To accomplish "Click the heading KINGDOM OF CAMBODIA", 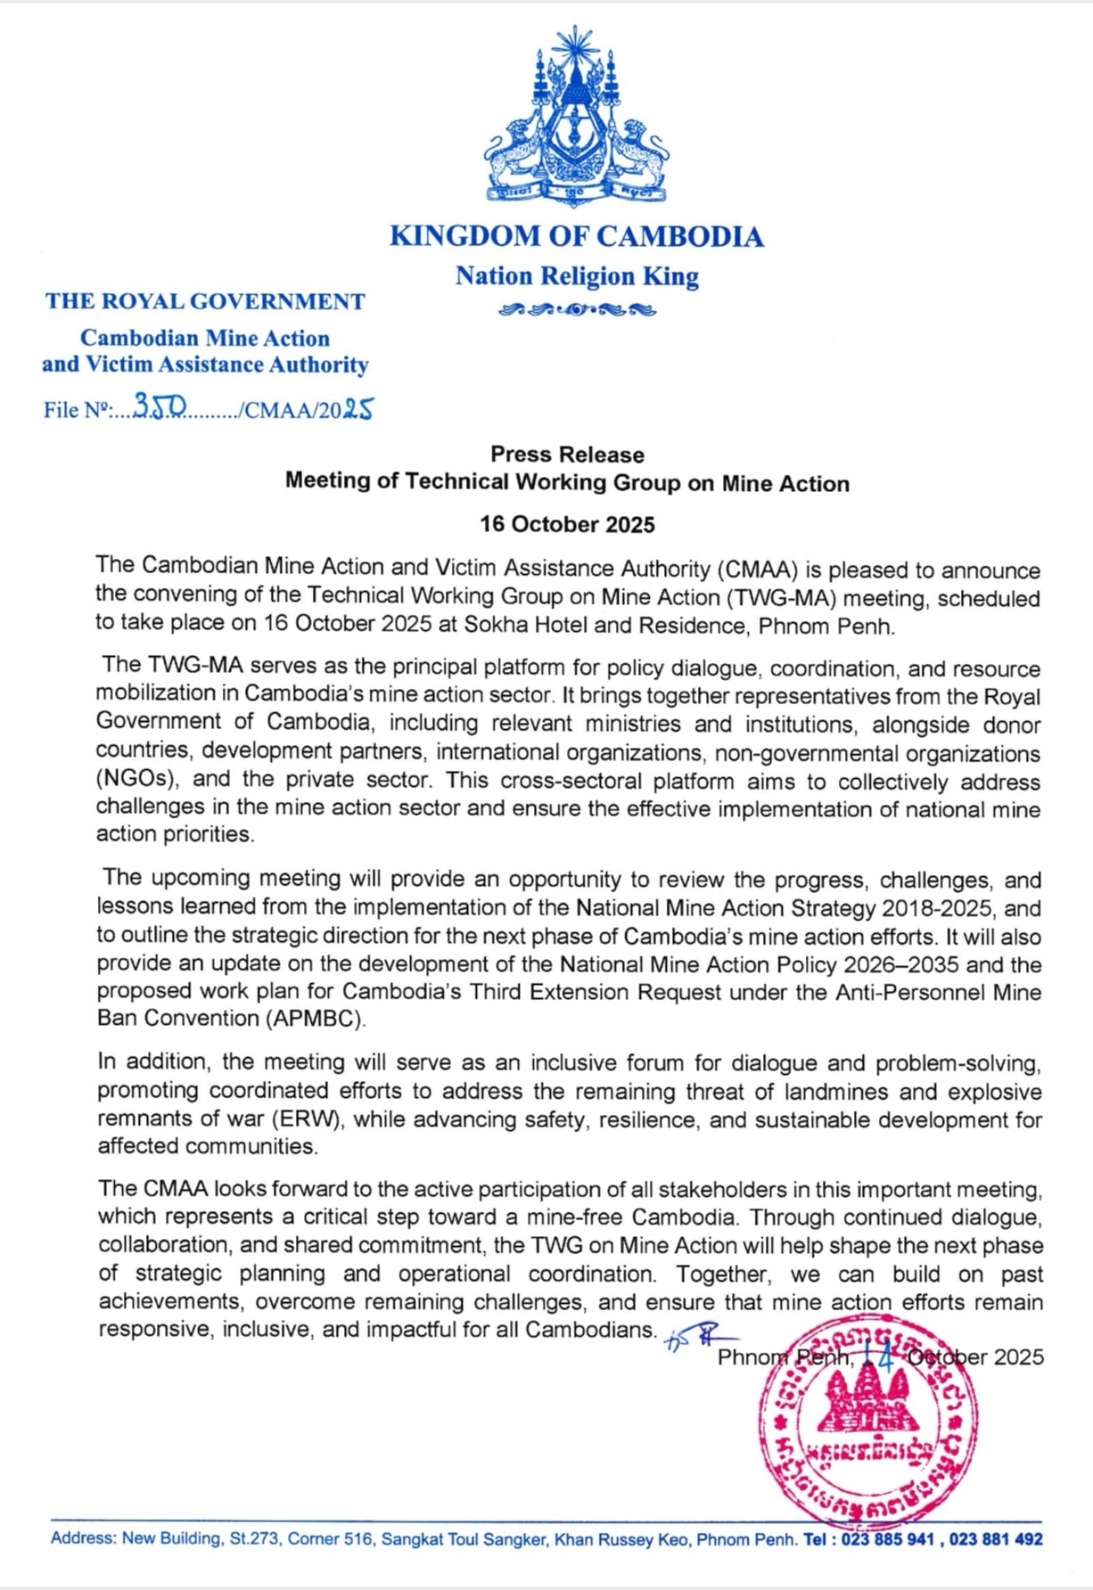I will [577, 236].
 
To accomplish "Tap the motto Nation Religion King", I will [577, 276].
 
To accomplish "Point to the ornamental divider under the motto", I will [577, 310].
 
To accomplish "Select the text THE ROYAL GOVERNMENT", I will [205, 301].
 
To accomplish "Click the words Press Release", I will [567, 455].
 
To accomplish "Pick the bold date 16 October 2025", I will [567, 524].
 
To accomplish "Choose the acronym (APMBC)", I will [315, 1019].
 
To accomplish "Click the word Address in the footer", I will [82, 1538].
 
